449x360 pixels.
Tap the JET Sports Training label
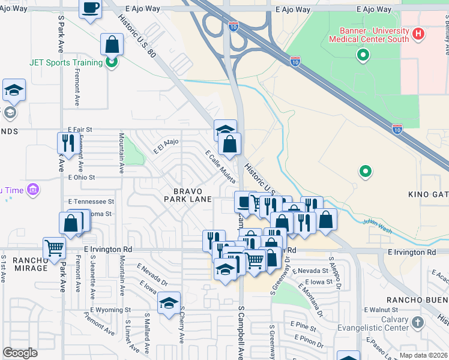(x=66, y=62)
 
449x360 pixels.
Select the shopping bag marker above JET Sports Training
(x=112, y=44)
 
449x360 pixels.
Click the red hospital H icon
(x=418, y=35)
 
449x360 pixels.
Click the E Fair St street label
(x=79, y=129)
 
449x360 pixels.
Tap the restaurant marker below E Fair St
(x=66, y=143)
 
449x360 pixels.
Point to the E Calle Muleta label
(x=220, y=167)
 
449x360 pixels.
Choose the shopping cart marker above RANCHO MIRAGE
(x=55, y=247)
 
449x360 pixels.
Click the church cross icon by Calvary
(x=418, y=322)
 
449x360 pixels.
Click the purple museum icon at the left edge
(x=34, y=190)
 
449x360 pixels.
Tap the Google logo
(x=20, y=353)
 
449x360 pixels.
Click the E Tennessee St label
(x=91, y=202)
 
